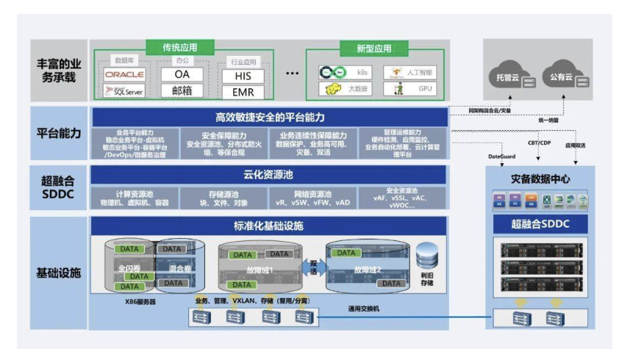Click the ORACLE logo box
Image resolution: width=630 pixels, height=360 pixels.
(x=124, y=74)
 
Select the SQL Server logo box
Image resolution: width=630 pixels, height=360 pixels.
(x=124, y=92)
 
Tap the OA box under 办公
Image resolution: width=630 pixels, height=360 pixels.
(x=182, y=74)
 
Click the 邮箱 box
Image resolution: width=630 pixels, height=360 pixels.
(x=182, y=92)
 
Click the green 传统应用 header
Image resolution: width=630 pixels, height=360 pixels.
(x=180, y=48)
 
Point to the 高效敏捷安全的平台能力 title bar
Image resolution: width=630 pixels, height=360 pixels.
(x=269, y=117)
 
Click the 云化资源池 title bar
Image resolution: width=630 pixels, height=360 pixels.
(x=269, y=175)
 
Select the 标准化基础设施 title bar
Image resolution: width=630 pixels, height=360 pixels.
(x=269, y=226)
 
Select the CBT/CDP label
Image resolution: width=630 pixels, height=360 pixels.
(x=539, y=143)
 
